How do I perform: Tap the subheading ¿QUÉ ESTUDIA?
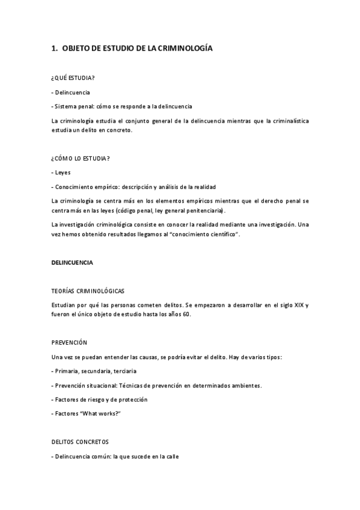[x=73, y=78]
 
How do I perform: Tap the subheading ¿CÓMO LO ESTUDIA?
[x=81, y=158]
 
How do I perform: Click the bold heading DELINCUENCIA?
[x=72, y=263]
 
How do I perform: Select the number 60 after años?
[x=186, y=315]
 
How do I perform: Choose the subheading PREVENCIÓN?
[x=70, y=342]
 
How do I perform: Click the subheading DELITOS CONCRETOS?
[x=80, y=441]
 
